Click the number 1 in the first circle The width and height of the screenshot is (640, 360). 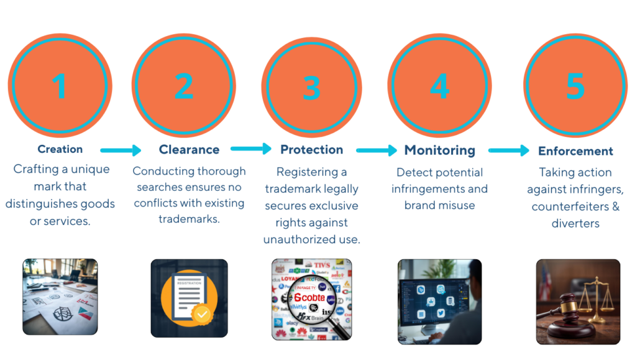point(60,85)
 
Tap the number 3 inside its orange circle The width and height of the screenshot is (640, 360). point(311,88)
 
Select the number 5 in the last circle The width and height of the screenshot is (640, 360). point(575,86)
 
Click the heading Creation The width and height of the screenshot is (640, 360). point(60,149)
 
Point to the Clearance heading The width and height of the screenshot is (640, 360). point(189,150)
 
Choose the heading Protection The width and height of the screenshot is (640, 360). point(311,150)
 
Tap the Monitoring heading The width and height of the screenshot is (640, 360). point(439,150)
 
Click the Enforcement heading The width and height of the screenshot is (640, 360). point(575,151)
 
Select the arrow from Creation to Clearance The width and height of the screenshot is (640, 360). point(121,150)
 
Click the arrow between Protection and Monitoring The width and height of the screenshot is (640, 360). point(376,150)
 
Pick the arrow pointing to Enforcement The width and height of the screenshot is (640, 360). point(508,150)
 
